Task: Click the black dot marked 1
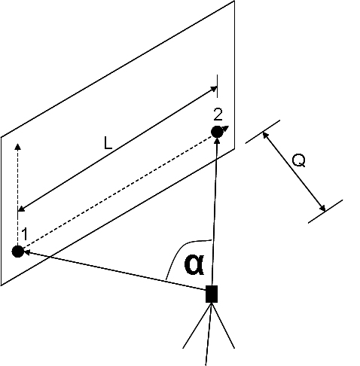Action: click(18, 252)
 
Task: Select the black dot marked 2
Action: click(217, 132)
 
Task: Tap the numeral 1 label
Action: click(25, 234)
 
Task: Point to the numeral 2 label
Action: click(218, 114)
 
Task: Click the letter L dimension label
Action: click(108, 144)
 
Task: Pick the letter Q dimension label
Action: click(299, 160)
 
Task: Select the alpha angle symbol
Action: click(194, 264)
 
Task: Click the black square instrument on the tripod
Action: click(212, 294)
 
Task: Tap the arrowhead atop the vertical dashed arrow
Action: click(17, 146)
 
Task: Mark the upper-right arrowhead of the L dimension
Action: click(214, 89)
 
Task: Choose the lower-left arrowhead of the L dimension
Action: click(22, 209)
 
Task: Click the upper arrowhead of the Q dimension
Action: click(265, 136)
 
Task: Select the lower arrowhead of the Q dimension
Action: click(322, 208)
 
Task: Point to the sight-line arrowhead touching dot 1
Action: click(26, 252)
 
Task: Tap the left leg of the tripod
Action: click(197, 325)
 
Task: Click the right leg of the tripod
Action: click(223, 325)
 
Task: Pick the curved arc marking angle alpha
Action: click(180, 251)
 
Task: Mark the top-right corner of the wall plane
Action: click(234, 1)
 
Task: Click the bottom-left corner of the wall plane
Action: click(2, 285)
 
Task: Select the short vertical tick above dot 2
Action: click(217, 86)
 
